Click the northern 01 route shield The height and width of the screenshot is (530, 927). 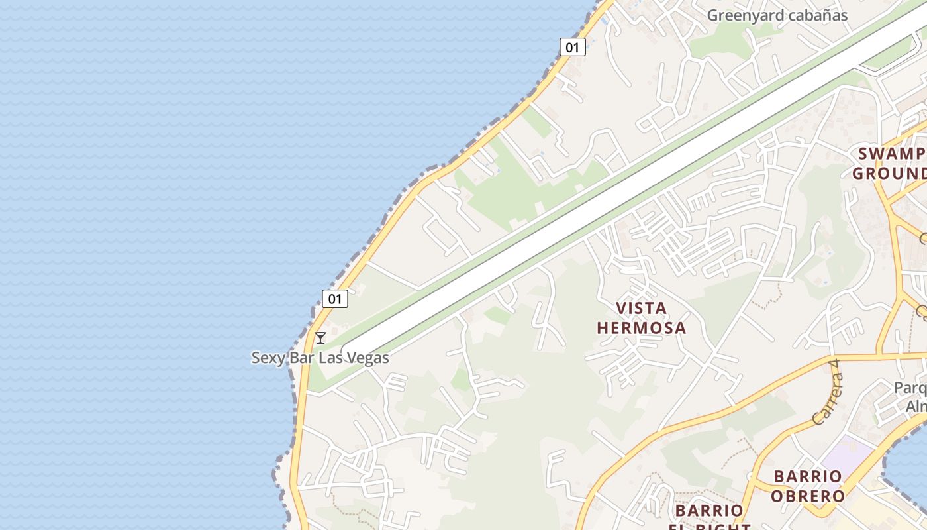[x=573, y=47]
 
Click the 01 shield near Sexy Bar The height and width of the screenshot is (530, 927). [x=335, y=299]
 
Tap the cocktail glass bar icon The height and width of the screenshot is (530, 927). [x=320, y=338]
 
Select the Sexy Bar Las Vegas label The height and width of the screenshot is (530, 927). [x=320, y=358]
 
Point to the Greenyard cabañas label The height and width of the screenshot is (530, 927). [x=777, y=15]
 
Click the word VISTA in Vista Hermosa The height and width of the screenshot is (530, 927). [x=641, y=308]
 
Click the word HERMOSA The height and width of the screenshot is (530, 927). [x=641, y=328]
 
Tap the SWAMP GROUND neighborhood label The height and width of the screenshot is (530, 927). [x=891, y=164]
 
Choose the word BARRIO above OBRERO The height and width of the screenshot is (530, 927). [x=808, y=476]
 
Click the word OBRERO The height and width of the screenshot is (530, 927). [x=809, y=496]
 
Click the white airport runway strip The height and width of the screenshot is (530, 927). [x=596, y=199]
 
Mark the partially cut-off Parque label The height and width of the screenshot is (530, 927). [x=910, y=388]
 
